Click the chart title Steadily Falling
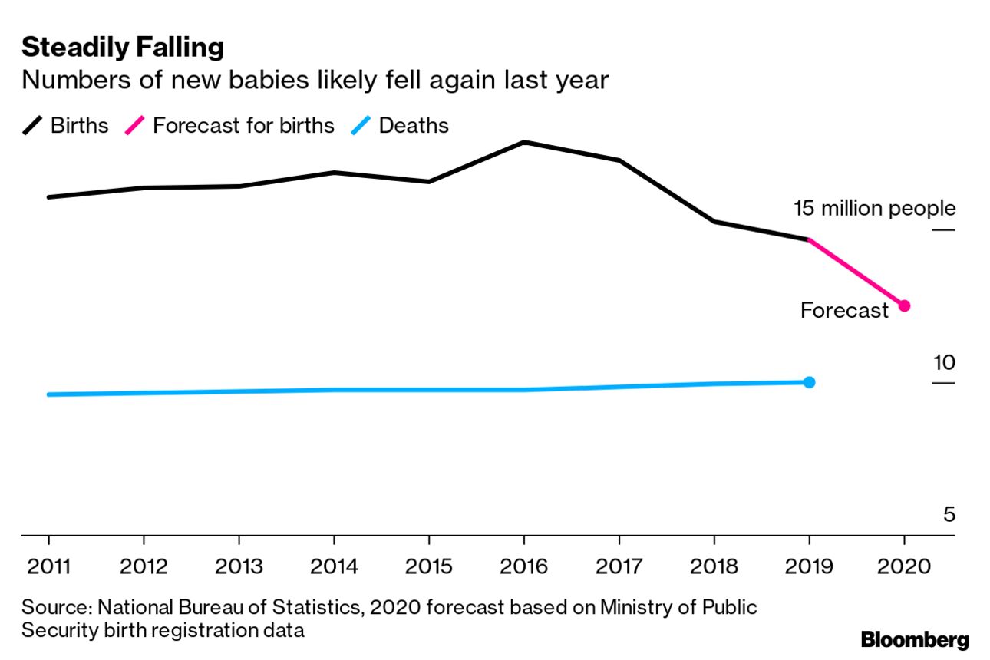[123, 48]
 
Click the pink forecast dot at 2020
[904, 305]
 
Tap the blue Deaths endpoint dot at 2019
[809, 382]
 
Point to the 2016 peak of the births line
[523, 142]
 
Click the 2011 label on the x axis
[48, 567]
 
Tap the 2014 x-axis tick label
[334, 567]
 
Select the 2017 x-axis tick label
[619, 567]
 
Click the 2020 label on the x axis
[904, 567]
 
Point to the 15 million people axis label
[875, 208]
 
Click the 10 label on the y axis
[944, 363]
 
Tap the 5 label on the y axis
[949, 513]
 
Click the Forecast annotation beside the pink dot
[844, 310]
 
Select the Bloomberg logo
[915, 639]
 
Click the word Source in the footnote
[54, 608]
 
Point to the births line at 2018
[714, 222]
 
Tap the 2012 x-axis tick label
[144, 567]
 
